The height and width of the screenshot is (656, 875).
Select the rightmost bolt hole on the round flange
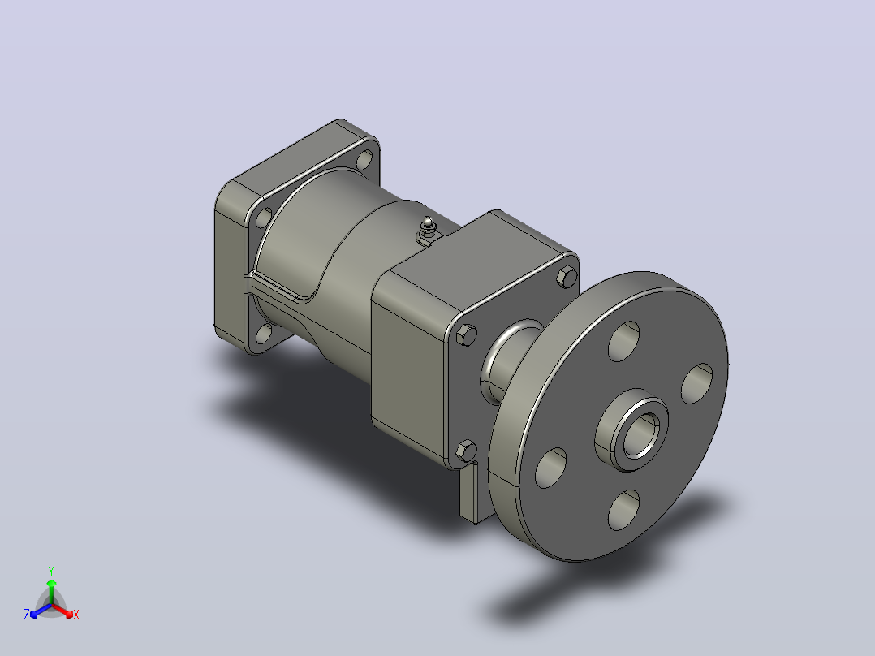coord(697,383)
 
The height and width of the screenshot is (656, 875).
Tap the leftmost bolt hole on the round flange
coord(550,468)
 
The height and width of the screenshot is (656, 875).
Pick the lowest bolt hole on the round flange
coord(624,510)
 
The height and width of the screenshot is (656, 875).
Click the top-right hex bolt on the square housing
coord(567,277)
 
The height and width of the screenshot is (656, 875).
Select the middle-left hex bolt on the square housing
coord(467,335)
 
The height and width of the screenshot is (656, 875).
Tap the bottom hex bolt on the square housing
coord(467,450)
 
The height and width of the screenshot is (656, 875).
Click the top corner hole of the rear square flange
coord(364,160)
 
